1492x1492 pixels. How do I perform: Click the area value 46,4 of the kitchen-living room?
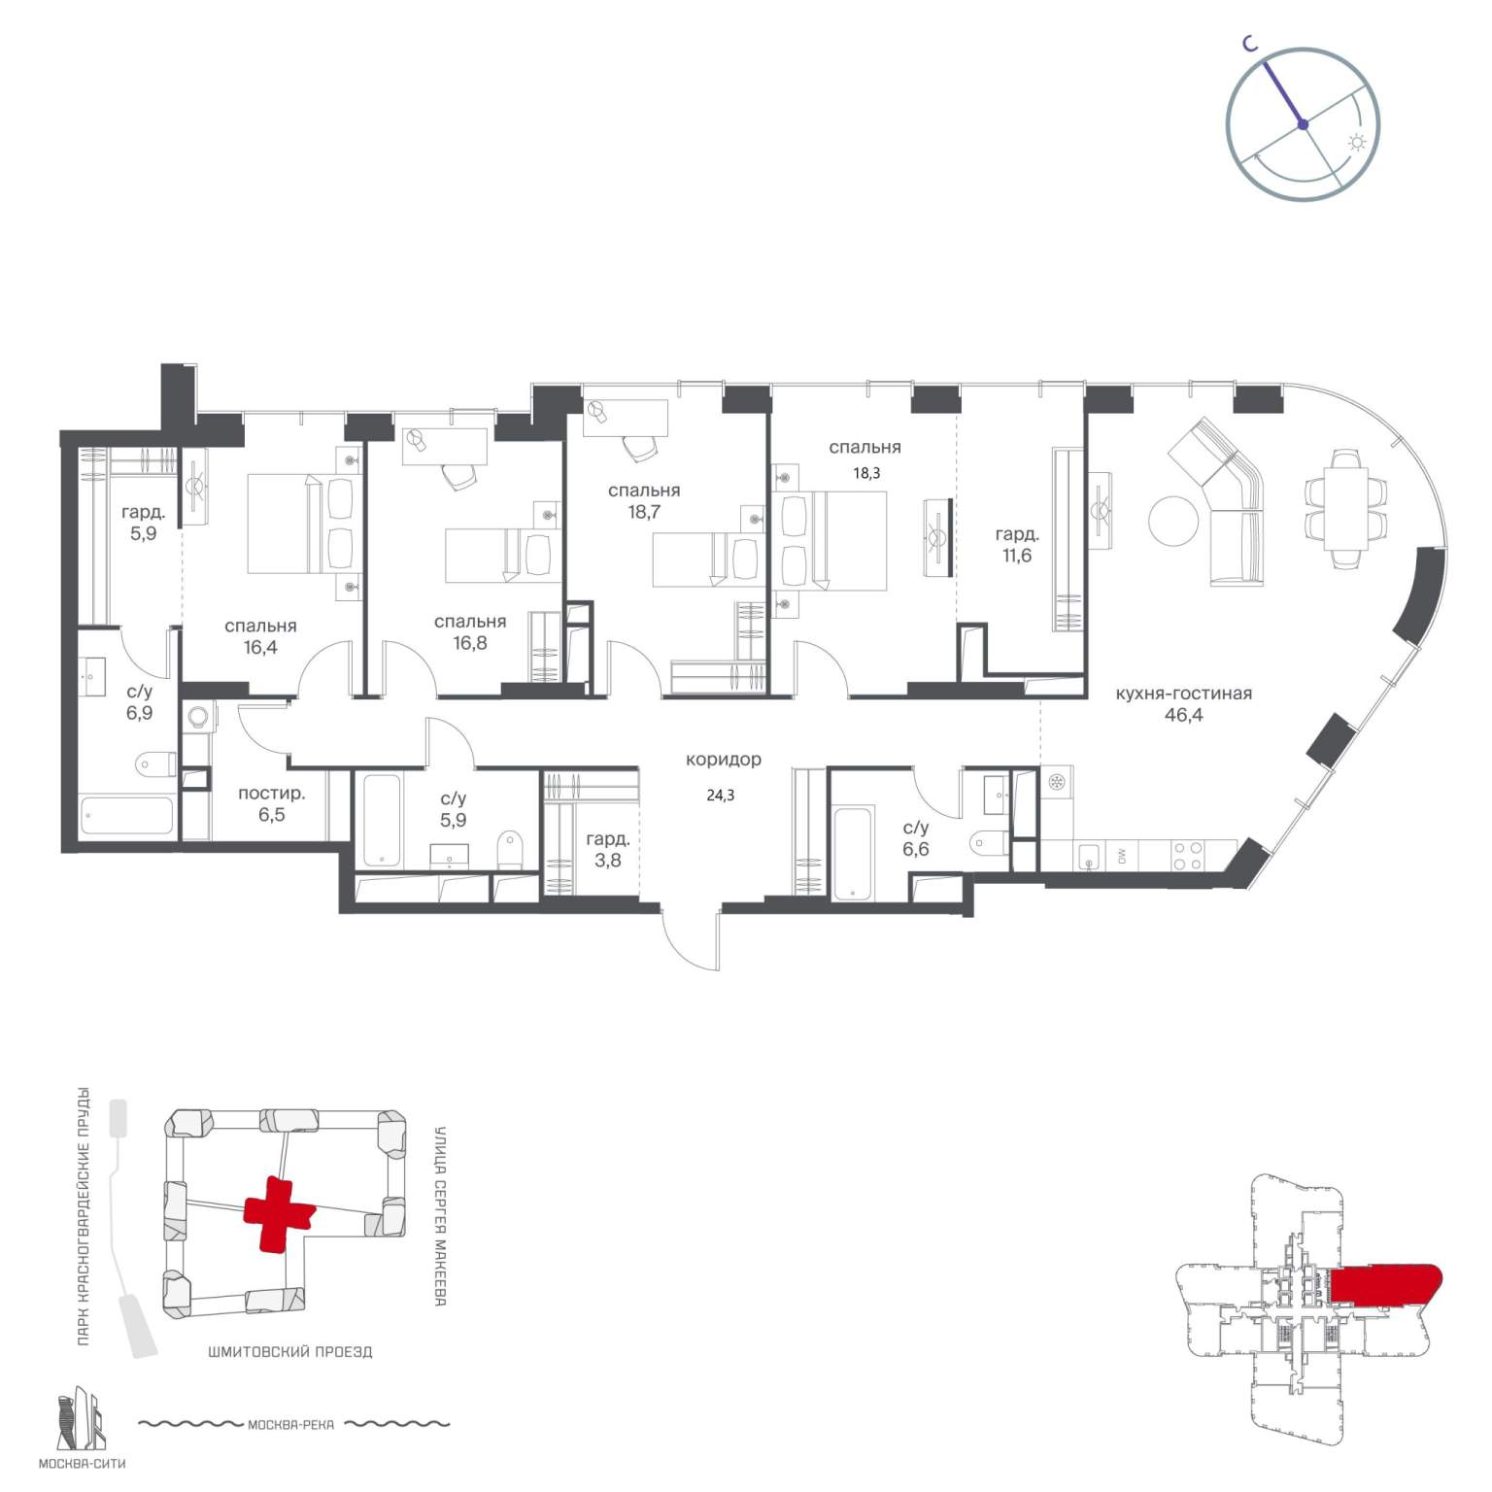pyautogui.click(x=1183, y=716)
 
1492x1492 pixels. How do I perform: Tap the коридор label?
pyautogui.click(x=723, y=760)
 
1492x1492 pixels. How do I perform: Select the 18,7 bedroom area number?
pyautogui.click(x=644, y=512)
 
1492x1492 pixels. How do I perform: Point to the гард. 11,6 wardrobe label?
pyautogui.click(x=1016, y=545)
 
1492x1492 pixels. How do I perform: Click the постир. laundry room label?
pyautogui.click(x=271, y=794)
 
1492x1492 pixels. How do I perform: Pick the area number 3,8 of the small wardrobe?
pyautogui.click(x=608, y=860)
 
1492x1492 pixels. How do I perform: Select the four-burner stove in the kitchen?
pyautogui.click(x=1186, y=856)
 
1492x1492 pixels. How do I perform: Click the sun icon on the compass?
pyautogui.click(x=1357, y=142)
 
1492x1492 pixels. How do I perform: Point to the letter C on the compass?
pyautogui.click(x=1253, y=43)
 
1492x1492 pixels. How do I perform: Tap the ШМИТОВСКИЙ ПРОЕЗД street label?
pyautogui.click(x=289, y=1351)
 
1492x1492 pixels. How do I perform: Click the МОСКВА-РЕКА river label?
pyautogui.click(x=290, y=1425)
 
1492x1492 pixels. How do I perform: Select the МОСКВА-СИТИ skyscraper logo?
pyautogui.click(x=81, y=1419)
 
